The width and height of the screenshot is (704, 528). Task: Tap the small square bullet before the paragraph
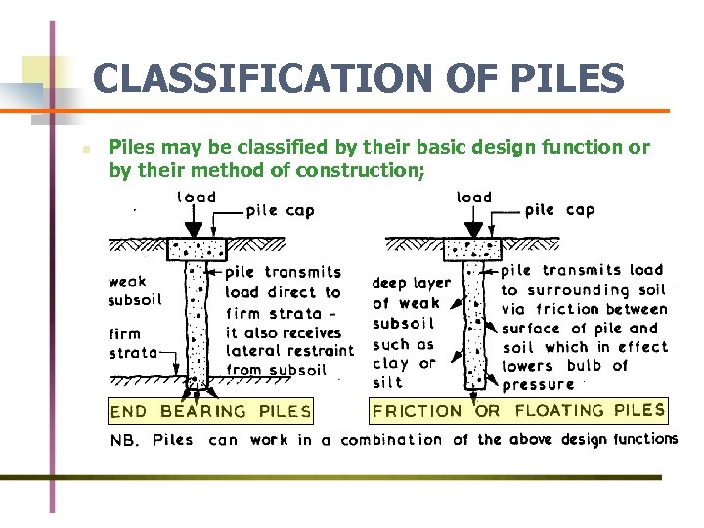point(86,151)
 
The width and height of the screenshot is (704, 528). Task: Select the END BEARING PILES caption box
point(211,411)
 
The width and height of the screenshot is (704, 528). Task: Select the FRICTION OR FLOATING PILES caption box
point(519,411)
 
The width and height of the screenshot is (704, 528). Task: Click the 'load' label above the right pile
point(474,198)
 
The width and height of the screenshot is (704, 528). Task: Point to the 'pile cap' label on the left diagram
point(281,210)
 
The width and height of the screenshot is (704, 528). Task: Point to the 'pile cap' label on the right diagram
point(559,210)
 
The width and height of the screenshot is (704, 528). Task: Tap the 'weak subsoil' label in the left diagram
point(135,290)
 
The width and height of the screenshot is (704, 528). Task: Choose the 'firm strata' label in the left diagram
point(132,343)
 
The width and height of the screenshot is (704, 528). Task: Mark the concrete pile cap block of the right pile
point(473,248)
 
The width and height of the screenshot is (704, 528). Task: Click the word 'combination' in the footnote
point(391,440)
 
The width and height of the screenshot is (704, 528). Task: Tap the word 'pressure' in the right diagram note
point(539,384)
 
